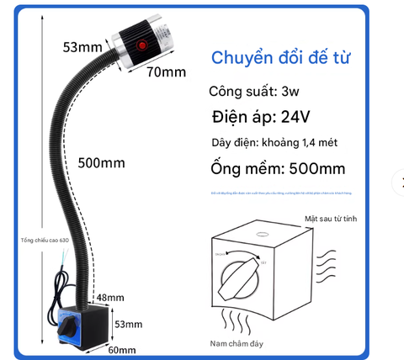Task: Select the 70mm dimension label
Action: coord(167,71)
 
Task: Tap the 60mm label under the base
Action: coord(121,349)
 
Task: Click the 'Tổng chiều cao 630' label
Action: coord(43,241)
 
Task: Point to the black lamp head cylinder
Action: coord(139,41)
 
